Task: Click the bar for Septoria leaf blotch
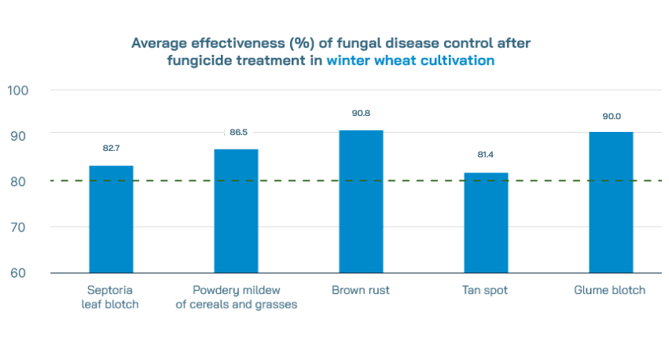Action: pos(110,219)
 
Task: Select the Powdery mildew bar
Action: pos(236,211)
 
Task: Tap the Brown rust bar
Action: pos(361,202)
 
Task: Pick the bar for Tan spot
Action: pos(485,223)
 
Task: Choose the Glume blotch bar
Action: pos(610,203)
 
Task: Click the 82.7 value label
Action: pos(110,148)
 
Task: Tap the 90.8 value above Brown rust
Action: pos(361,114)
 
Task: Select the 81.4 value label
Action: pos(485,155)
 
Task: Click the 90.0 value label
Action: pos(611,116)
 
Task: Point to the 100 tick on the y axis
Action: pos(17,90)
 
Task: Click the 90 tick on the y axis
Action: pos(17,136)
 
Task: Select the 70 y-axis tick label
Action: pos(17,227)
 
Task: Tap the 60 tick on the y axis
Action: pos(17,273)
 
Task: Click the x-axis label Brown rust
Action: pos(361,290)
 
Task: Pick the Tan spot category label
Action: pos(485,290)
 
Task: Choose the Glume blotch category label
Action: pos(610,290)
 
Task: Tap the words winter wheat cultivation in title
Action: pos(410,60)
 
